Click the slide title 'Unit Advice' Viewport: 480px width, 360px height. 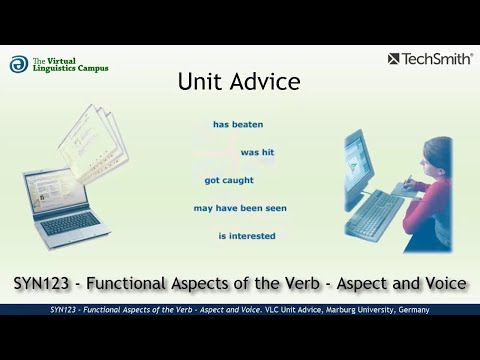(239, 82)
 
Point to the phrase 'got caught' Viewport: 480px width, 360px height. (229, 181)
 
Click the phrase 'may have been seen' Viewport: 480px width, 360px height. (240, 209)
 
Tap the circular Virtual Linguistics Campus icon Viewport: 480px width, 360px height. (18, 64)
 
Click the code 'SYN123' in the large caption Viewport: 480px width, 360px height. (44, 284)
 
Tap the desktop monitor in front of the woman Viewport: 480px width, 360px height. (359, 166)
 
